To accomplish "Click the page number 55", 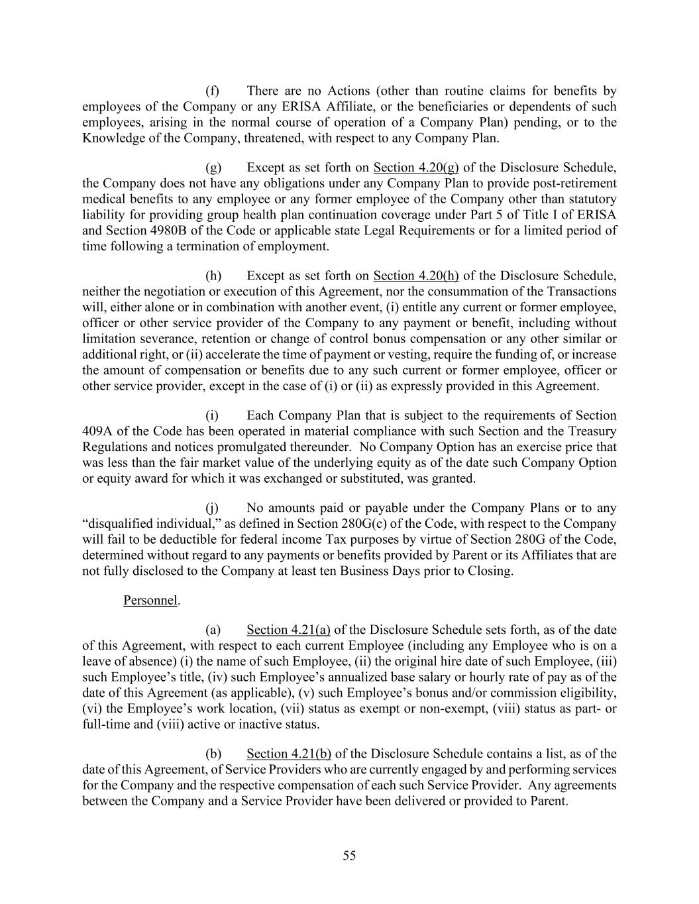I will coord(349,856).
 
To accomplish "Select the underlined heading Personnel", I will coord(150,600).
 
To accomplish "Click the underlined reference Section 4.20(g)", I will coord(416,167).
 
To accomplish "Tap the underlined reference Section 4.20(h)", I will coord(416,276).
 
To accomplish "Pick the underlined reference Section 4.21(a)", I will coord(288,629).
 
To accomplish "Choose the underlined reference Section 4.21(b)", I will coord(289,753).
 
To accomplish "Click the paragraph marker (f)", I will coord(212,91).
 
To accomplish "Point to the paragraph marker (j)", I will coord(212,508).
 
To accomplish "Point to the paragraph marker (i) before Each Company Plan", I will coord(211,415).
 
